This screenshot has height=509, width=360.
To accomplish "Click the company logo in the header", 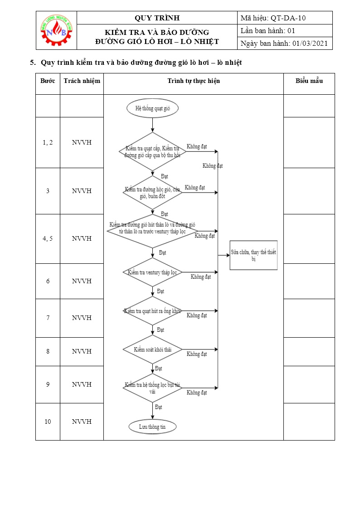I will pyautogui.click(x=57, y=30).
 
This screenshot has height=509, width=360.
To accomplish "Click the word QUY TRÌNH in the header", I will pyautogui.click(x=157, y=18).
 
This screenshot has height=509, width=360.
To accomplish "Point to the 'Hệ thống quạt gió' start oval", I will pyautogui.click(x=153, y=108).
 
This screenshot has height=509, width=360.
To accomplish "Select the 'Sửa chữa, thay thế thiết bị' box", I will pyautogui.click(x=253, y=255).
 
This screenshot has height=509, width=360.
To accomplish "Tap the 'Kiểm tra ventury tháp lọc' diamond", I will pyautogui.click(x=152, y=272).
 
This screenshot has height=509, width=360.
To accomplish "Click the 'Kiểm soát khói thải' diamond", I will pyautogui.click(x=152, y=349).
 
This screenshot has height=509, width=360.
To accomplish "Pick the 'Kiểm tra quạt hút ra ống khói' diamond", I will pyautogui.click(x=152, y=311).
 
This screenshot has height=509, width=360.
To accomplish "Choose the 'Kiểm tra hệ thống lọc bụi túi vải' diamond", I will pyautogui.click(x=152, y=388).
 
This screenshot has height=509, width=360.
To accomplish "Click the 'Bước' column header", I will pyautogui.click(x=48, y=81).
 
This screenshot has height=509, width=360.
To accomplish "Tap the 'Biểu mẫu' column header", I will pyautogui.click(x=309, y=81).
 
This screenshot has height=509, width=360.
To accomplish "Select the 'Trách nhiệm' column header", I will pyautogui.click(x=82, y=81).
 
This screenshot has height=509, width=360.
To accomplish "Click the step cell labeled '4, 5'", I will pyautogui.click(x=48, y=238).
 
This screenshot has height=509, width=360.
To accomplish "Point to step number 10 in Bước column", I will pyautogui.click(x=48, y=422).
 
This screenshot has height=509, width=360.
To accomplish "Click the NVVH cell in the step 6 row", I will pyautogui.click(x=82, y=281).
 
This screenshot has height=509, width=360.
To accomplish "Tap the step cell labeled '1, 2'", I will pyautogui.click(x=48, y=142).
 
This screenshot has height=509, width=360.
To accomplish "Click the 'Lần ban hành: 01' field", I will pyautogui.click(x=268, y=31).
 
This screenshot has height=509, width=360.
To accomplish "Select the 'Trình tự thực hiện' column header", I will pyautogui.click(x=193, y=81).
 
